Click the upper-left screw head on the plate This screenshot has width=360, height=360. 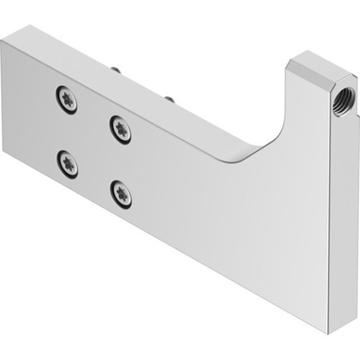pyautogui.click(x=66, y=100)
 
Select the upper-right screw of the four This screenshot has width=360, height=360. pyautogui.click(x=121, y=129)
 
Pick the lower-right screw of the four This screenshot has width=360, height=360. pyautogui.click(x=122, y=194)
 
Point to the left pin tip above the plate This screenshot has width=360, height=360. pyautogui.click(x=114, y=69)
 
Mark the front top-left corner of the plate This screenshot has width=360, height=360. pyautogui.click(x=2, y=41)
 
